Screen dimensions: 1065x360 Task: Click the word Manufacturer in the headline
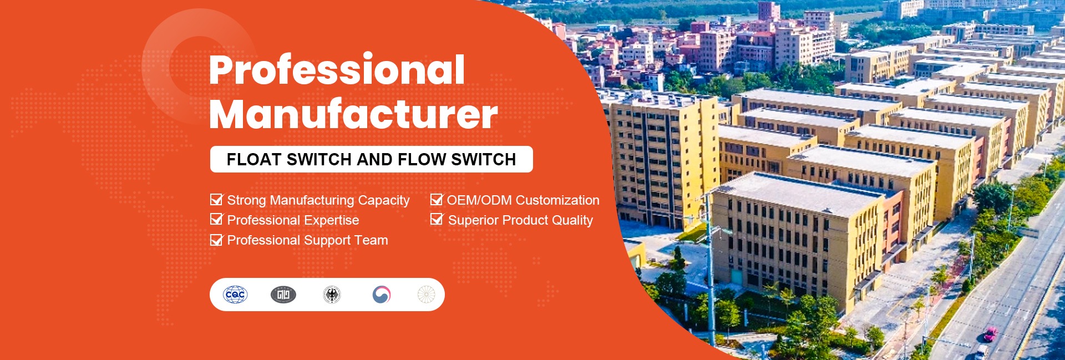click(x=353, y=114)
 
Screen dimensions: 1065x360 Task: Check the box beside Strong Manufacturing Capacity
click(x=216, y=200)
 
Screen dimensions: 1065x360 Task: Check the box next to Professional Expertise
click(x=216, y=220)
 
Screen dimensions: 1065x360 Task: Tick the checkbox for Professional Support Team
click(x=216, y=240)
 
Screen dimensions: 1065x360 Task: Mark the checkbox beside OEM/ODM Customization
click(x=437, y=200)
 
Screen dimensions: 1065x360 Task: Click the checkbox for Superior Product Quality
click(x=437, y=220)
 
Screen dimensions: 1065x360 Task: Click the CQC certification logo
click(x=235, y=295)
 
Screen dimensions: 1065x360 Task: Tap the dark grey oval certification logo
click(x=283, y=295)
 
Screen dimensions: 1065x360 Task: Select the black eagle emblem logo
click(x=332, y=295)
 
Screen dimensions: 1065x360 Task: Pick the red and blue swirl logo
click(x=381, y=295)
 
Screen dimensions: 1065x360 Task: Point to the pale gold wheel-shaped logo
click(x=426, y=295)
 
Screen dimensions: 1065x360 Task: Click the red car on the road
click(x=990, y=334)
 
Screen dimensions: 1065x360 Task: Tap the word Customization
click(x=558, y=200)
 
